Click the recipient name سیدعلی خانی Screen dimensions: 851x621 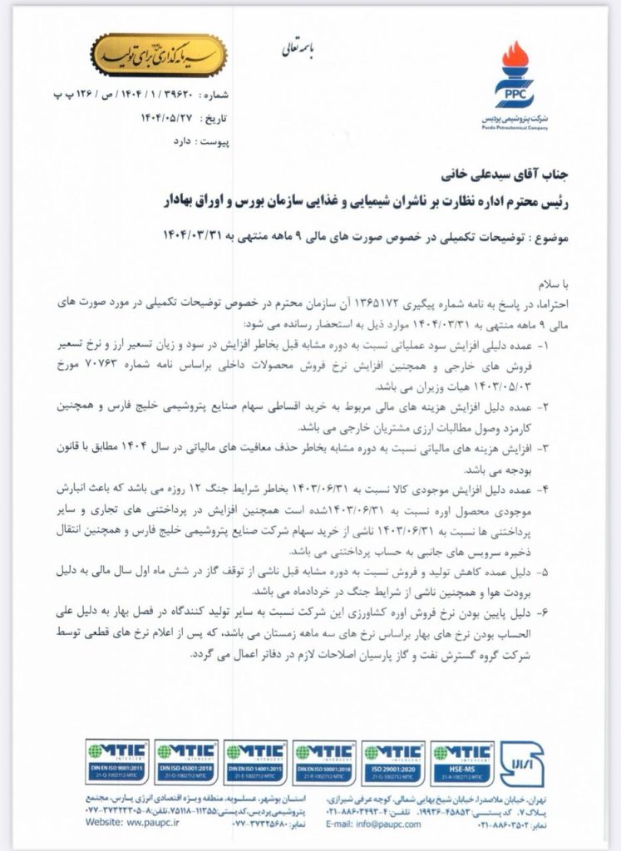point(462,177)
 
